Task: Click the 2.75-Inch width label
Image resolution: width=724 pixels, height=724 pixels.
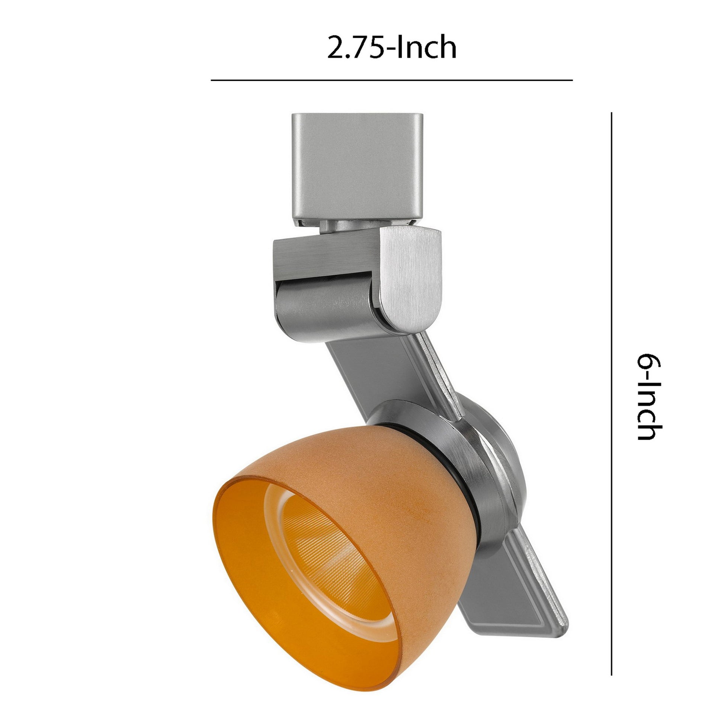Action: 392,47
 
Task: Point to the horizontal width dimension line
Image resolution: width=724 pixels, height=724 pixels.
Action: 392,80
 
